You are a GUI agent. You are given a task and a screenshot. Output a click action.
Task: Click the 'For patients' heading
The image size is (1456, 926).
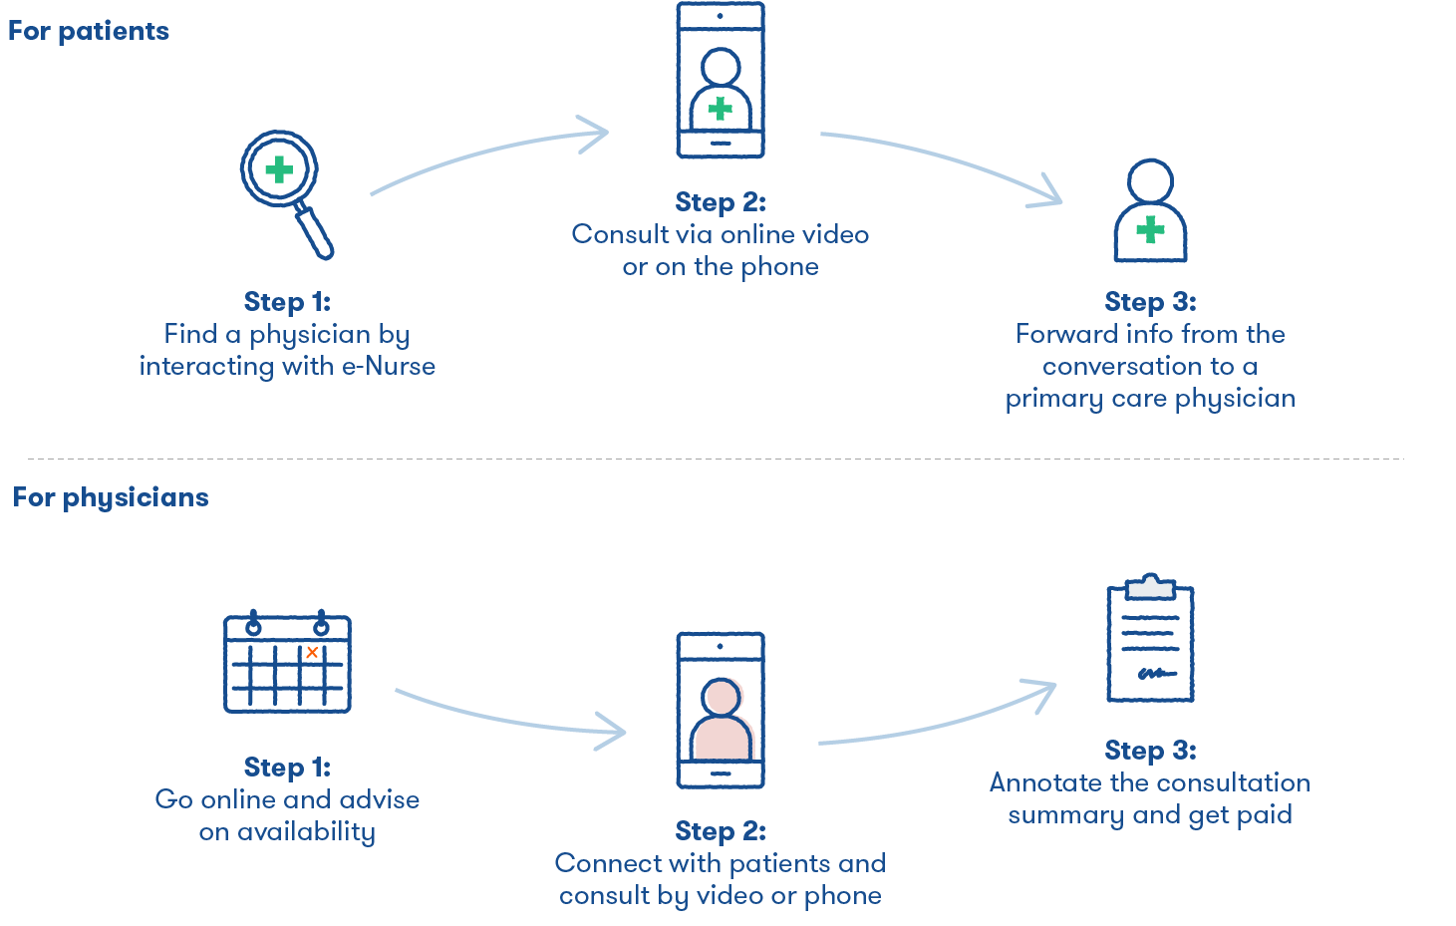pyautogui.click(x=89, y=31)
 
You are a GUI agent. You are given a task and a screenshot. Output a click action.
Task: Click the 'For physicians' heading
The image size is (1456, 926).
pyautogui.click(x=111, y=497)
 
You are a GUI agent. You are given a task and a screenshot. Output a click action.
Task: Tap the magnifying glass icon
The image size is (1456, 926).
pyautogui.click(x=287, y=192)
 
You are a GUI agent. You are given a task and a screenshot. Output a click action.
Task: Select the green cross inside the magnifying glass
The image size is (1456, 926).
pyautogui.click(x=279, y=169)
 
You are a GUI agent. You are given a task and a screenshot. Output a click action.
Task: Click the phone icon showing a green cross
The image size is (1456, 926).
pyautogui.click(x=721, y=80)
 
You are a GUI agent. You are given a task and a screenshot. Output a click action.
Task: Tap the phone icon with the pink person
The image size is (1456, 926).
pyautogui.click(x=721, y=710)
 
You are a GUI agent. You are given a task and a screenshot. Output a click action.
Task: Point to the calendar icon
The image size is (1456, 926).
pyautogui.click(x=287, y=662)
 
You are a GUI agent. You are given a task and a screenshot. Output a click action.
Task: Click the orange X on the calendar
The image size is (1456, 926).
pyautogui.click(x=312, y=652)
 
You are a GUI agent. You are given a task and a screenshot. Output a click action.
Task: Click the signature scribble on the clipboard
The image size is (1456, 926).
pyautogui.click(x=1155, y=674)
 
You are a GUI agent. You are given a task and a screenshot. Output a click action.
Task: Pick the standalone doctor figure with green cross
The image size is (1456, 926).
pyautogui.click(x=1150, y=211)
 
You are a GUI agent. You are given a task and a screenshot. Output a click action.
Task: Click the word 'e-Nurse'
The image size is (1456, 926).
pyautogui.click(x=389, y=366)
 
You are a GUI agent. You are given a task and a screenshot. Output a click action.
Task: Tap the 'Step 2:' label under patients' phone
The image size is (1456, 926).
pyautogui.click(x=721, y=202)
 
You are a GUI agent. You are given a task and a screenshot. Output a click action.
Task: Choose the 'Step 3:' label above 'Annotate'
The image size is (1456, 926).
pyautogui.click(x=1150, y=750)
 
